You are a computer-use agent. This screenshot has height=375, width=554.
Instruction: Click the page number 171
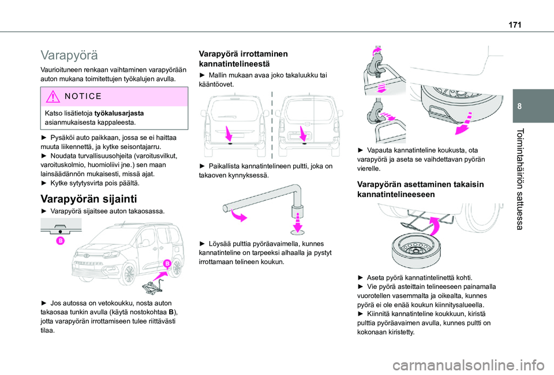(x=515, y=25)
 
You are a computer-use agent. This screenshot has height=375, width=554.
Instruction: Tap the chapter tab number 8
(x=519, y=106)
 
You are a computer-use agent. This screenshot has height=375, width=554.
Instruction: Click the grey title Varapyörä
(x=69, y=55)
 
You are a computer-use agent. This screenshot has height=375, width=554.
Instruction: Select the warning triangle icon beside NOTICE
(x=53, y=96)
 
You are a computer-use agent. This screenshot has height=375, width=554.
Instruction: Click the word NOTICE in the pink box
(x=83, y=96)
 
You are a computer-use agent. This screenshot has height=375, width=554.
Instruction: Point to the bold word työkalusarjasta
(x=119, y=113)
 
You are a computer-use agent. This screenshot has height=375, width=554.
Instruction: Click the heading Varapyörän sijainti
(x=89, y=199)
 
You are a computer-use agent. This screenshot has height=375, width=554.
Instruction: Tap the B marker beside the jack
(x=167, y=263)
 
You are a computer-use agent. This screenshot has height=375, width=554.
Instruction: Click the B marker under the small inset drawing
(x=61, y=241)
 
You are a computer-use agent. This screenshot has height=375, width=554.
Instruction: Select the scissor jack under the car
(x=152, y=286)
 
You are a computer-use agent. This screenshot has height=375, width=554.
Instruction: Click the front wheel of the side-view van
(x=129, y=274)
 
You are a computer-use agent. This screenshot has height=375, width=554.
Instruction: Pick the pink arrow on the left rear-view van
(x=229, y=133)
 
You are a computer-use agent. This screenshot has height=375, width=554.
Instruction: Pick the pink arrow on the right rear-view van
(x=303, y=133)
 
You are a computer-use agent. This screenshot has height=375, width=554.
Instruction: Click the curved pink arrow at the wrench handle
(x=238, y=215)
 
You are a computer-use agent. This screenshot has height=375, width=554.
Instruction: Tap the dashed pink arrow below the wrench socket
(x=298, y=222)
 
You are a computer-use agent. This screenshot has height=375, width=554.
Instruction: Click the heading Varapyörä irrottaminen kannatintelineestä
(x=243, y=59)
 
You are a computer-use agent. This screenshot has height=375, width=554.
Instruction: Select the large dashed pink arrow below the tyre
(x=464, y=124)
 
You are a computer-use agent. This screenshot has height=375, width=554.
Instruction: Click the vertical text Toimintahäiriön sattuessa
(x=519, y=179)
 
